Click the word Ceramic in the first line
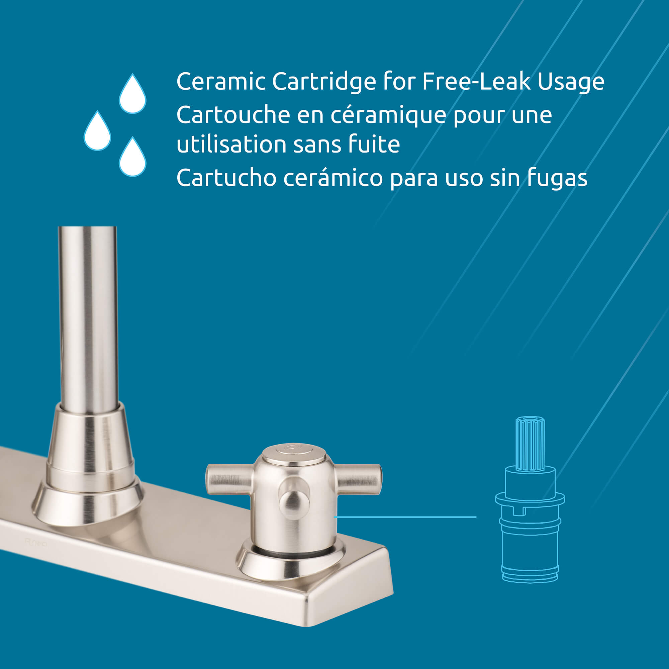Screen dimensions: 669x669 click(x=221, y=82)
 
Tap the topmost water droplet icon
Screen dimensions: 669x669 click(x=132, y=94)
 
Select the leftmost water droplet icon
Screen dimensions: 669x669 click(x=97, y=131)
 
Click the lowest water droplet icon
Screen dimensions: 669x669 click(x=132, y=157)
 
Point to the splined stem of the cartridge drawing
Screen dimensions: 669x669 click(x=530, y=444)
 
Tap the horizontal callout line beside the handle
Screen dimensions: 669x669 click(x=405, y=517)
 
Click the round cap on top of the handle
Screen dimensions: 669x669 click(x=294, y=454)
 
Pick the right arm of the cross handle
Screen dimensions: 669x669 click(x=359, y=479)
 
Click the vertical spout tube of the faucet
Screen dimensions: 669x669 click(x=88, y=318)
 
